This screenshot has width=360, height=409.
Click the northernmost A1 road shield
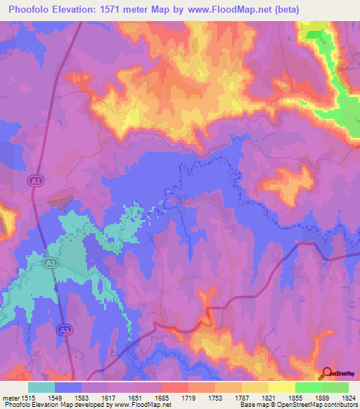pos(34,181)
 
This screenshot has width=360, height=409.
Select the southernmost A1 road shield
pos(64,329)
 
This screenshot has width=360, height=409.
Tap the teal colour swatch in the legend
pos(41,387)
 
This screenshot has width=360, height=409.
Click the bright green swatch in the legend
pos(308,387)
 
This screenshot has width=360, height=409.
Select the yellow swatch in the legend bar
pos(281,387)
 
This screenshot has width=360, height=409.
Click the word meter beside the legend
pos(11,398)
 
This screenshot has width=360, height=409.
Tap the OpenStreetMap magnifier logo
pos(326,374)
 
